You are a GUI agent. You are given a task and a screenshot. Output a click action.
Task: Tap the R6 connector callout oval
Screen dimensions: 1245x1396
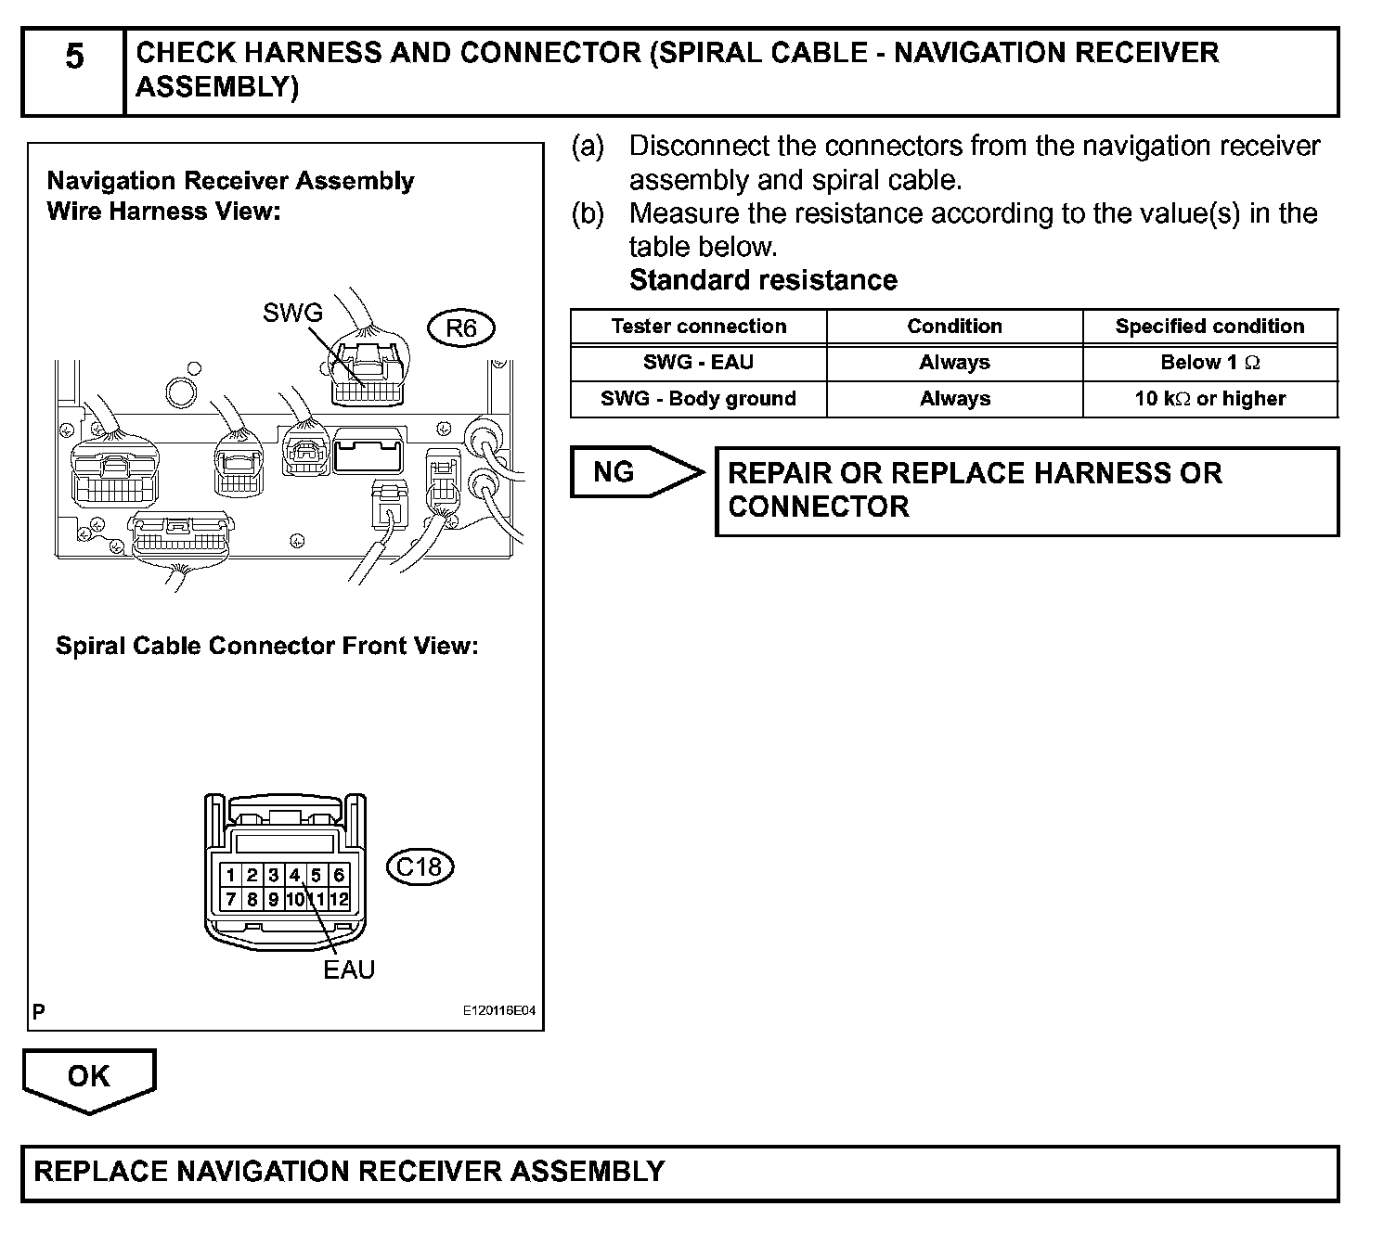[x=461, y=328]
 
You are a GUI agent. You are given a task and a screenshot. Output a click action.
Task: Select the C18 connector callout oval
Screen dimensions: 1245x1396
[x=420, y=866]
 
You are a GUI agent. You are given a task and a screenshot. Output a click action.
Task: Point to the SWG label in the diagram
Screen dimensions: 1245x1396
[x=292, y=313]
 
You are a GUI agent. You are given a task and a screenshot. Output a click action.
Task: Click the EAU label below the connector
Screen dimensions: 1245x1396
[x=349, y=969]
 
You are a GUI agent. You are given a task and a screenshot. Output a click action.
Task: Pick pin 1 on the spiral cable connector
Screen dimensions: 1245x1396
[x=230, y=875]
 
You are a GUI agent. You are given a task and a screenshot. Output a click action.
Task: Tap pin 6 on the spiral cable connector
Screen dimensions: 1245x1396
[x=339, y=875]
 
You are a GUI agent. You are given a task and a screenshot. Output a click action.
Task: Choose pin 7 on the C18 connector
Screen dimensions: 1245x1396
[x=230, y=899]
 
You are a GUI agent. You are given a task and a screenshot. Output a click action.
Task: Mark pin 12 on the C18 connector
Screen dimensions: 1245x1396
[x=339, y=899]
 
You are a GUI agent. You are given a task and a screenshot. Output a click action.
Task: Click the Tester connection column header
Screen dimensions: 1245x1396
[x=698, y=327]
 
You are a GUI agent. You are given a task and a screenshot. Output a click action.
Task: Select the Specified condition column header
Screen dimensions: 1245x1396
[x=1209, y=327]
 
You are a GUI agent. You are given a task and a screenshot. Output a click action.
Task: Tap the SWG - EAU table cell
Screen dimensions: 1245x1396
[x=698, y=363]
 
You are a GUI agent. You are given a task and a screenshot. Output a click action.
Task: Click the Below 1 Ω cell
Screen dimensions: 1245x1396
[x=1209, y=363]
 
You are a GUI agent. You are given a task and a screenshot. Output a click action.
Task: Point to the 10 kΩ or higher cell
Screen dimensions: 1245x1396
[x=1209, y=399]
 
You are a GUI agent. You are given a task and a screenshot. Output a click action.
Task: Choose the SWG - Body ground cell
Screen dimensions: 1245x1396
[x=698, y=399]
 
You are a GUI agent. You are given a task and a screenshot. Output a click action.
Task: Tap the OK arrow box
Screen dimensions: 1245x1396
[x=89, y=1078]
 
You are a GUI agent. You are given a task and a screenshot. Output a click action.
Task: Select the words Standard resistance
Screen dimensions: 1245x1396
[x=763, y=280]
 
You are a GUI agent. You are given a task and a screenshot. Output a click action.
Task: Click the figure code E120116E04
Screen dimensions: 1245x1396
[x=499, y=1011]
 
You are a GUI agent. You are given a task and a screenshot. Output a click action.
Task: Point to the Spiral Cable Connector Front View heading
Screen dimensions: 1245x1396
[x=267, y=646]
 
